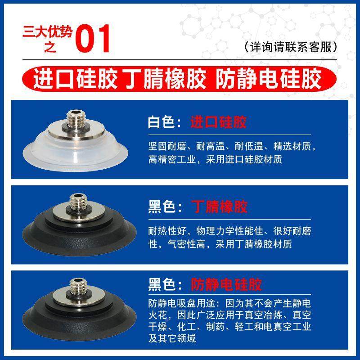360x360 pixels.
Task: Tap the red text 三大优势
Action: [49, 33]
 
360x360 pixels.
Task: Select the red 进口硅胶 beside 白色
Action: [219, 122]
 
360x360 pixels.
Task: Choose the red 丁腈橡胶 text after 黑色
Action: [219, 207]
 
